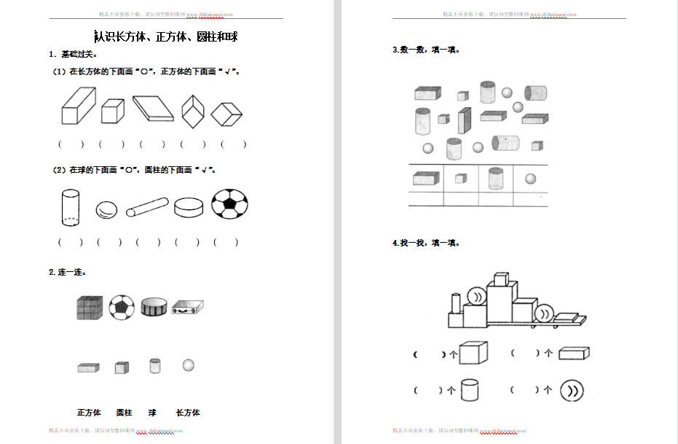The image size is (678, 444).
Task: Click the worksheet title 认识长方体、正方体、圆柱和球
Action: coord(167,36)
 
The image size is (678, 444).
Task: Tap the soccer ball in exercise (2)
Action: coord(229,204)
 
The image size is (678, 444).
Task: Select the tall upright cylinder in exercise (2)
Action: coord(70,206)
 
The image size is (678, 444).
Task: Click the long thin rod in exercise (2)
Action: coord(147,207)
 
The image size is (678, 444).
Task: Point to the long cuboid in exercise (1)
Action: coord(78,106)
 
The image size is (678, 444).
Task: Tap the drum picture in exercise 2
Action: coord(154,307)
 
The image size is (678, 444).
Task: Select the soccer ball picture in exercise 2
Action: coord(122,307)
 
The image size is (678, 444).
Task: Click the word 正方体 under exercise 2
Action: coord(89,413)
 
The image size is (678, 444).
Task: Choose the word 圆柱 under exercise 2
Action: coord(124,413)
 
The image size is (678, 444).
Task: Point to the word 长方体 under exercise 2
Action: coord(188,413)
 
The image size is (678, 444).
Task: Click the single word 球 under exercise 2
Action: coord(152,413)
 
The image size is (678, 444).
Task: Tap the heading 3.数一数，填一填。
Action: coord(426,50)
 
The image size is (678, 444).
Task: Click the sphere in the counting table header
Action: coord(530,178)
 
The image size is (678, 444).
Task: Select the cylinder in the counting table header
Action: coord(495,177)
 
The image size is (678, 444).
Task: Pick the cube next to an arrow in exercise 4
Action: coord(472,354)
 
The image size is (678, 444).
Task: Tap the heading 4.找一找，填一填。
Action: coord(426,243)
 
